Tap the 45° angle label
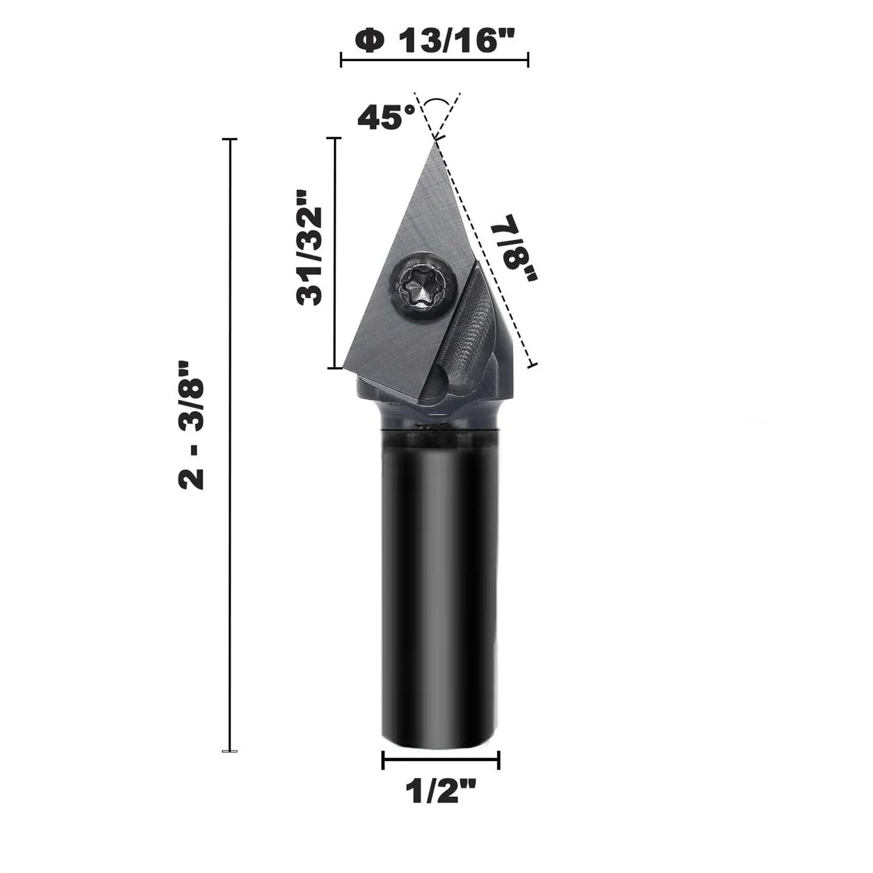click(x=386, y=117)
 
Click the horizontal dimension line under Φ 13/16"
click(x=435, y=60)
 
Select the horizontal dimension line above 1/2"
click(x=441, y=760)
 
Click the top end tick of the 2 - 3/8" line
click(x=230, y=140)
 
